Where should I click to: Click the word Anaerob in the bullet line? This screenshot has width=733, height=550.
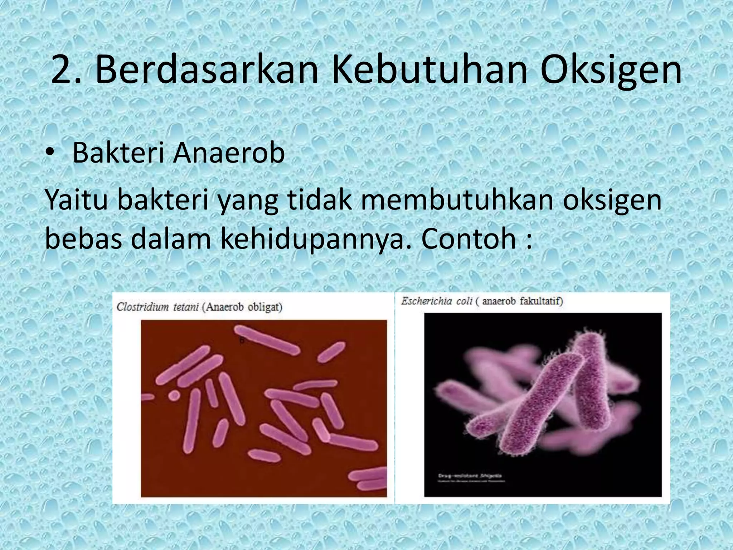[x=229, y=153]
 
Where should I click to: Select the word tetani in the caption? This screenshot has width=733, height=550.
[x=186, y=307]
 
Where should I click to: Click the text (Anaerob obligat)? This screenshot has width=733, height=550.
[x=242, y=307]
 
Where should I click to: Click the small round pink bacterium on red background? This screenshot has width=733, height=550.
[x=174, y=395]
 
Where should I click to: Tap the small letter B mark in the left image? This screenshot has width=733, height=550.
[x=242, y=341]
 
